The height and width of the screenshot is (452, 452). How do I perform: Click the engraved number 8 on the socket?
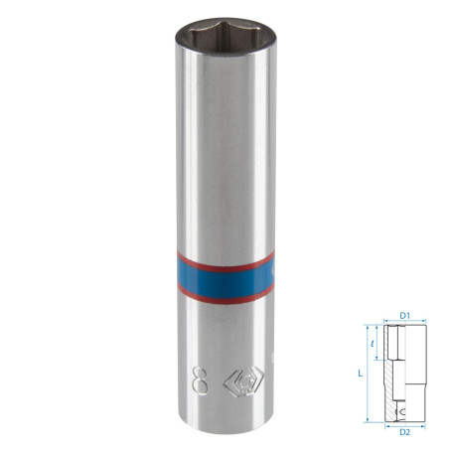click(200, 381)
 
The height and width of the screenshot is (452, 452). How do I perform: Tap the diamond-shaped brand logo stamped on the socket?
click(243, 381)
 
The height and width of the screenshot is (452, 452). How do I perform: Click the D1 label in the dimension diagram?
click(405, 316)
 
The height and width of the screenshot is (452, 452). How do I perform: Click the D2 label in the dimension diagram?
click(405, 432)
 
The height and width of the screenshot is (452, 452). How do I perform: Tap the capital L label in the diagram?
click(361, 374)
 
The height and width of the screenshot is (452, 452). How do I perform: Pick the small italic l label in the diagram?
click(373, 344)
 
